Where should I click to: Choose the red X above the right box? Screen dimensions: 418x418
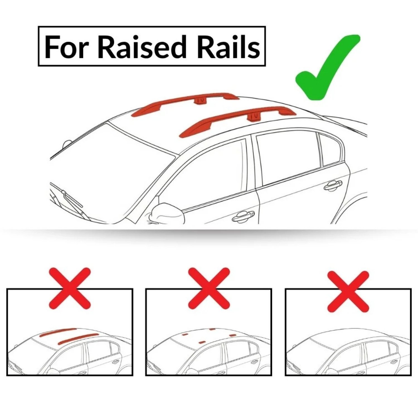coord(348,290)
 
